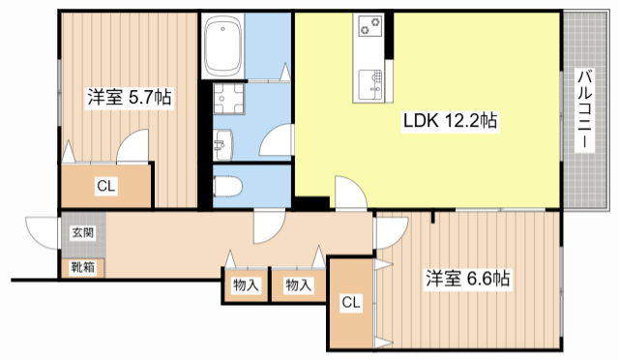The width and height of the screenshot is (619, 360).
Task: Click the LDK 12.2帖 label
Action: pos(451,122)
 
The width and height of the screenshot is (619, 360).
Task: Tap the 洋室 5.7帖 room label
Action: pos(130,98)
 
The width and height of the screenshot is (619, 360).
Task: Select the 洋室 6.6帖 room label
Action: pos(468,279)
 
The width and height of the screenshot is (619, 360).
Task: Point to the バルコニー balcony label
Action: pos(585,108)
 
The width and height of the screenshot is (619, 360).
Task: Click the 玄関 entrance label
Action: pos(82,233)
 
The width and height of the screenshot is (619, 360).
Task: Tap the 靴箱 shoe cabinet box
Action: pos(82,265)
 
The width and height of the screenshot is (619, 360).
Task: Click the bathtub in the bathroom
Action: pos(229,47)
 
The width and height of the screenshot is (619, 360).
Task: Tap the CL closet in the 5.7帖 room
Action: pos(106,187)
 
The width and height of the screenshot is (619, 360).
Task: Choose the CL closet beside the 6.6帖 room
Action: pos(350,303)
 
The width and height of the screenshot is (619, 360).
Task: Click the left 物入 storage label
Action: pos(246,285)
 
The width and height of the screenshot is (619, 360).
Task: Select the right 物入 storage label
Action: pos(298,285)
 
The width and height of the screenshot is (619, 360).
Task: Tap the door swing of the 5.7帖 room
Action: pos(133,148)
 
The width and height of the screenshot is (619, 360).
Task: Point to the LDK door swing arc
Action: pos(350,192)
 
